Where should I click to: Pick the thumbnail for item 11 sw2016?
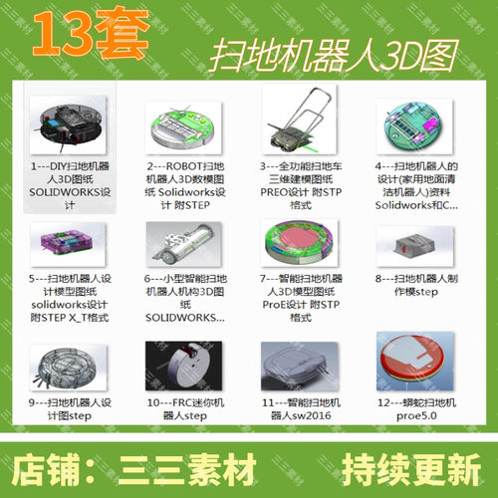[x=298, y=368]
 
